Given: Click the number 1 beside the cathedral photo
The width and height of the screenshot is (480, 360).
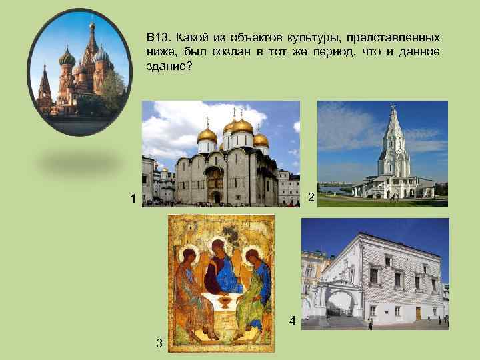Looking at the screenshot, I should [x=134, y=198].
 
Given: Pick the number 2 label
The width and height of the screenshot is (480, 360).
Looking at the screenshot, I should [x=311, y=198].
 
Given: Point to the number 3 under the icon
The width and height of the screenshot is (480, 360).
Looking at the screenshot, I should [x=158, y=343].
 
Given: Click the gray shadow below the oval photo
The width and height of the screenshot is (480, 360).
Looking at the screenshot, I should [x=80, y=160].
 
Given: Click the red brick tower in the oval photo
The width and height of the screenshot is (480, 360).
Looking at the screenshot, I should [x=45, y=90].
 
